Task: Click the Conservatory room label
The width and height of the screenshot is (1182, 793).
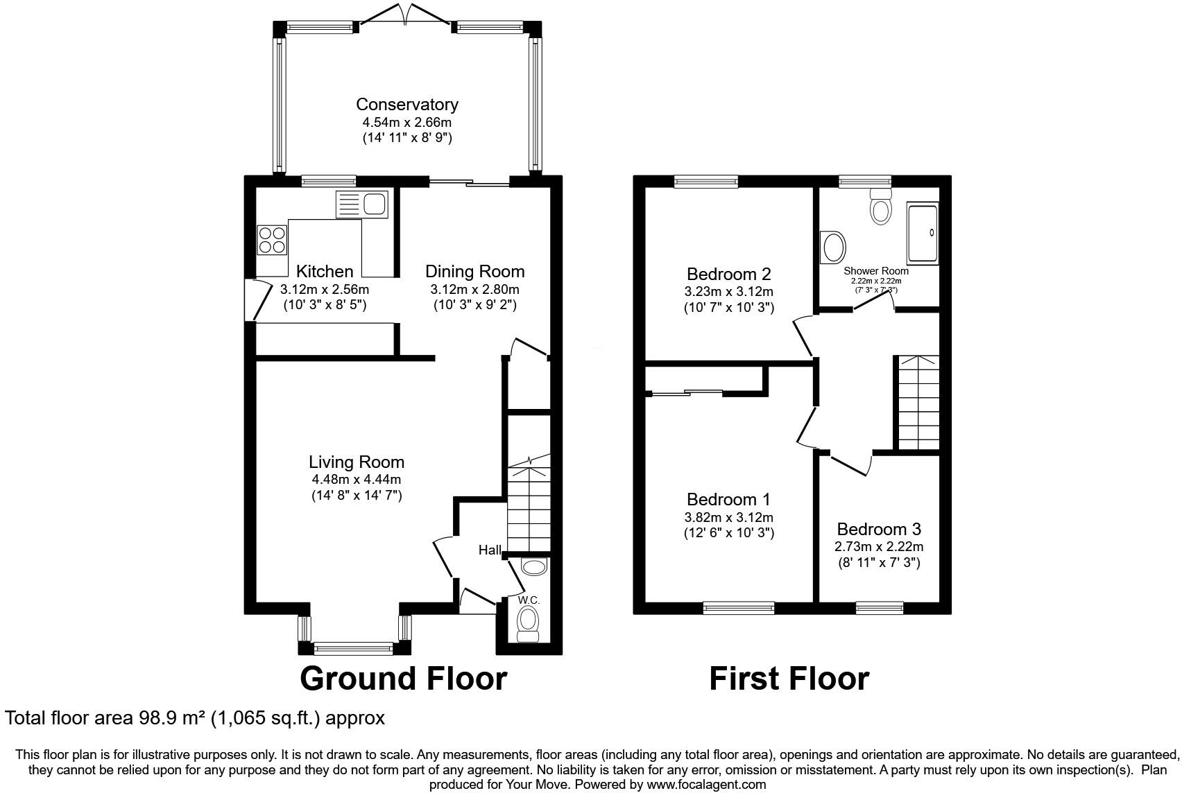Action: click(x=406, y=105)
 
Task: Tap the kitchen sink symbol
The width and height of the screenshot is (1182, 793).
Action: click(x=363, y=204)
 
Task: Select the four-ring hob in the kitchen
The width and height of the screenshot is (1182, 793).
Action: click(x=272, y=240)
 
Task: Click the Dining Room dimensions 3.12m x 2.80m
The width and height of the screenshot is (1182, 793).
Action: click(x=474, y=289)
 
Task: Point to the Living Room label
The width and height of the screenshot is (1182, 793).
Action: click(x=356, y=462)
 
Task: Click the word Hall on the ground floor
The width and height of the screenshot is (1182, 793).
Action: click(x=490, y=550)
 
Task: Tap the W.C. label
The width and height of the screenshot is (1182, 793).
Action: click(x=529, y=600)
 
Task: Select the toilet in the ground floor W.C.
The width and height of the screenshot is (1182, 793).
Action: click(x=529, y=621)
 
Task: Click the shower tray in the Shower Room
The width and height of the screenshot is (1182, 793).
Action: click(x=923, y=233)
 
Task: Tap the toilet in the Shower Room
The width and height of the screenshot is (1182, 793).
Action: click(x=880, y=207)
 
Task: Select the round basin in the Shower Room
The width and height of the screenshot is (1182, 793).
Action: click(x=832, y=247)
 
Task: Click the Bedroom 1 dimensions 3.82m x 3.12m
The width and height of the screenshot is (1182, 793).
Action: click(x=728, y=517)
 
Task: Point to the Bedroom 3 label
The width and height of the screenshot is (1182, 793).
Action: click(x=878, y=530)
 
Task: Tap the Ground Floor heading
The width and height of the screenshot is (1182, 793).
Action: click(x=403, y=679)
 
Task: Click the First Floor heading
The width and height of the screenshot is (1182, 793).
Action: click(x=789, y=679)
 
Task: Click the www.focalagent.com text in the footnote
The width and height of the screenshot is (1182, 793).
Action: click(x=706, y=785)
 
